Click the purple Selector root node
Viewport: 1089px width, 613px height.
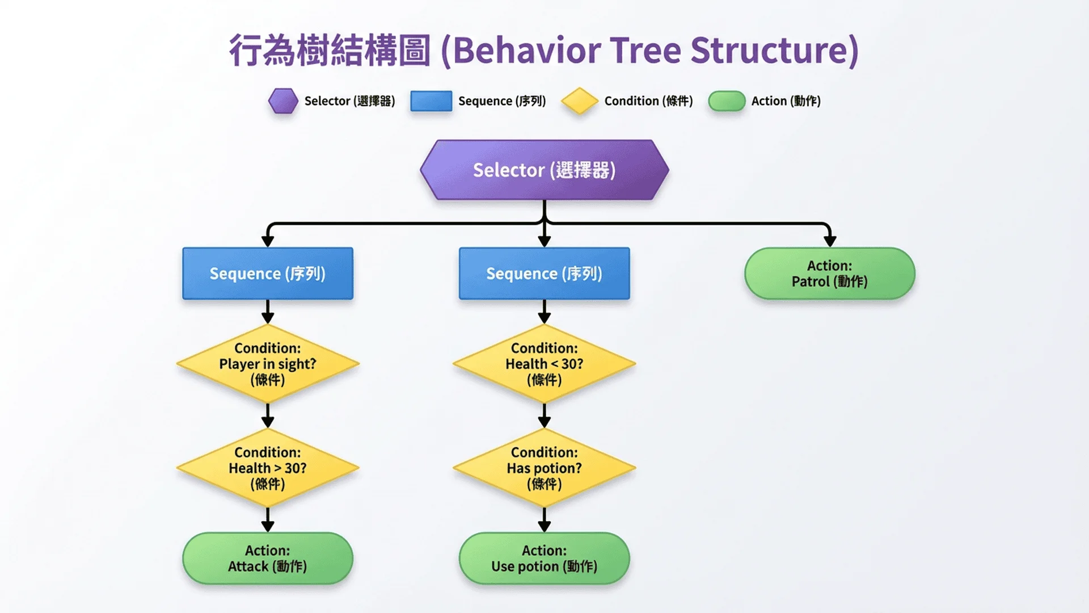(x=544, y=170)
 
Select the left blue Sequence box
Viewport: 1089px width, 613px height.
(x=268, y=273)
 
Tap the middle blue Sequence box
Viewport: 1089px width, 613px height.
(x=544, y=273)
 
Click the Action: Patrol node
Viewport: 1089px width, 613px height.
(x=829, y=273)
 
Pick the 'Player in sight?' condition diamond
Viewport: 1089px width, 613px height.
(x=268, y=363)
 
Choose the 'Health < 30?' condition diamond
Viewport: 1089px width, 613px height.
(x=544, y=363)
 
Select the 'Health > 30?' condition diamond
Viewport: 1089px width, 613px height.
(x=268, y=468)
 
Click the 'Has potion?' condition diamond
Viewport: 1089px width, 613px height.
(x=544, y=468)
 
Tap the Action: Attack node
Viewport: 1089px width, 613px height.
(x=268, y=558)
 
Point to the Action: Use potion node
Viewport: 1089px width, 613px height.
(x=544, y=558)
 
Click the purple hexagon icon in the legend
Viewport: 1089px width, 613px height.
(x=283, y=101)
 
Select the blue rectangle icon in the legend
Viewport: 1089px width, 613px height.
(x=431, y=101)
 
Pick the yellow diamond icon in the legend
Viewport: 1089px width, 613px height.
(x=579, y=101)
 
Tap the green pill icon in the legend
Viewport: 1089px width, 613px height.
(x=727, y=101)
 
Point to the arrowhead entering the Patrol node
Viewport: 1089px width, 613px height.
(x=830, y=241)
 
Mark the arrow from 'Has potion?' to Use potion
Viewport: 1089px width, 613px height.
(x=544, y=519)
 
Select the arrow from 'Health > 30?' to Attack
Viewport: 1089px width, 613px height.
(x=268, y=519)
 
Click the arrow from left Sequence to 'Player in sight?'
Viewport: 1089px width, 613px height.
(x=268, y=311)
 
